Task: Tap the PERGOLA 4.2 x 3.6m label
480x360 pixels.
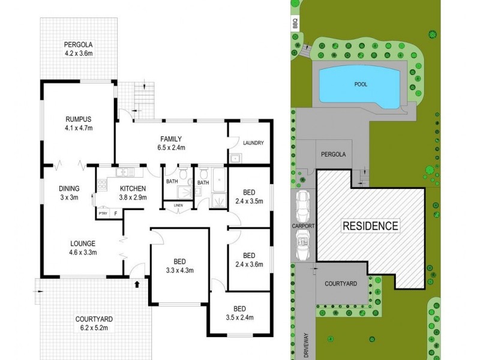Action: tap(79, 48)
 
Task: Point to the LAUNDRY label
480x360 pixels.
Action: tap(254, 142)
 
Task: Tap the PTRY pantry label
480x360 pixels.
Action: tap(102, 213)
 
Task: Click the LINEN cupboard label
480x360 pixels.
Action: tap(178, 206)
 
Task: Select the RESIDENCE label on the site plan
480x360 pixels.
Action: tap(370, 226)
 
